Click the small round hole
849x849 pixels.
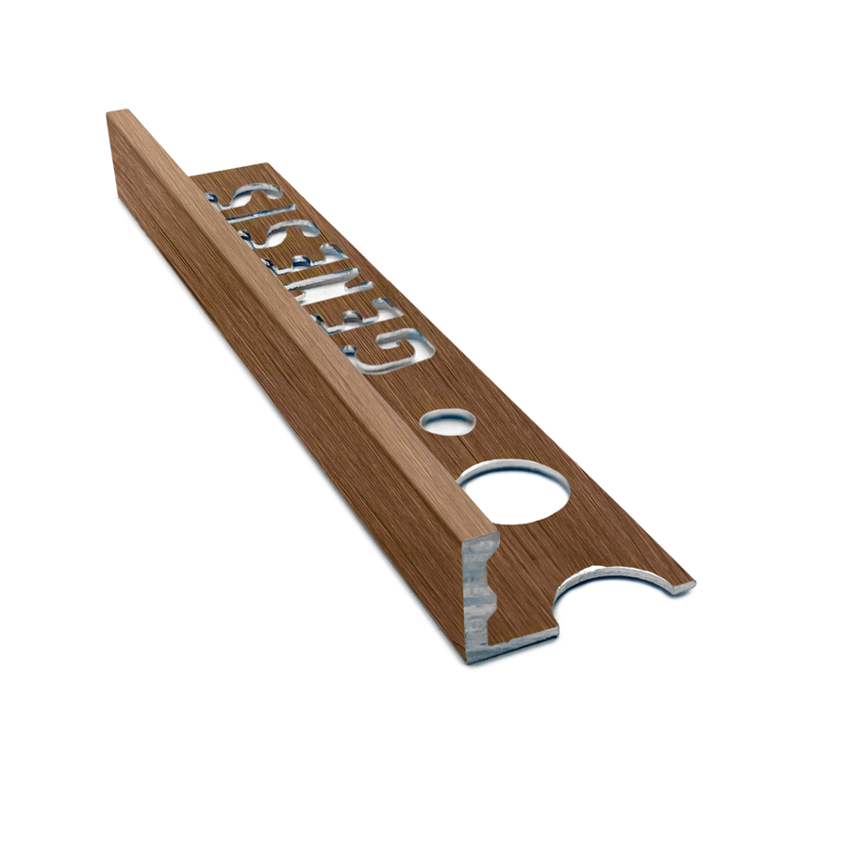coord(447,421)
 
